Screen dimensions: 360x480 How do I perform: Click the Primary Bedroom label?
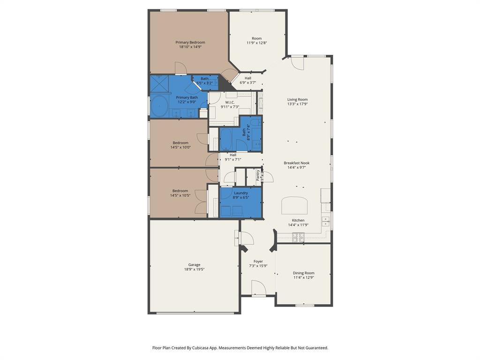point(190,42)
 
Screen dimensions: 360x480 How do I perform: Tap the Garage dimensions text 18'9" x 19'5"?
point(194,270)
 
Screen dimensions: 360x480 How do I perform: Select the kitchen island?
point(294,205)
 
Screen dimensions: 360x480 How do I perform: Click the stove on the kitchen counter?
point(298,239)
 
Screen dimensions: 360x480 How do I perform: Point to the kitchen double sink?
point(325,221)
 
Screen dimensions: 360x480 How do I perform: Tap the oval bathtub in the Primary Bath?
point(159,107)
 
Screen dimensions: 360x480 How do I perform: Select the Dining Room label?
point(303,273)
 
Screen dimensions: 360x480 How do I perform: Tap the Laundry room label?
point(241,193)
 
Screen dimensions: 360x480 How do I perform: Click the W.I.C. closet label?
point(230,102)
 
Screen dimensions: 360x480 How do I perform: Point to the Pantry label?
point(258,175)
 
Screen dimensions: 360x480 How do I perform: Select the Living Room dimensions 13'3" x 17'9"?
point(297,104)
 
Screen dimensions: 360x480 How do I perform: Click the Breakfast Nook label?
point(296,163)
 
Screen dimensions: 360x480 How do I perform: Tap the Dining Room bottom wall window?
point(304,305)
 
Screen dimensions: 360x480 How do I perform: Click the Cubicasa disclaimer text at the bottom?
point(240,348)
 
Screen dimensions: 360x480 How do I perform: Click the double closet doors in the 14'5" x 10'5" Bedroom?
point(202,202)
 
